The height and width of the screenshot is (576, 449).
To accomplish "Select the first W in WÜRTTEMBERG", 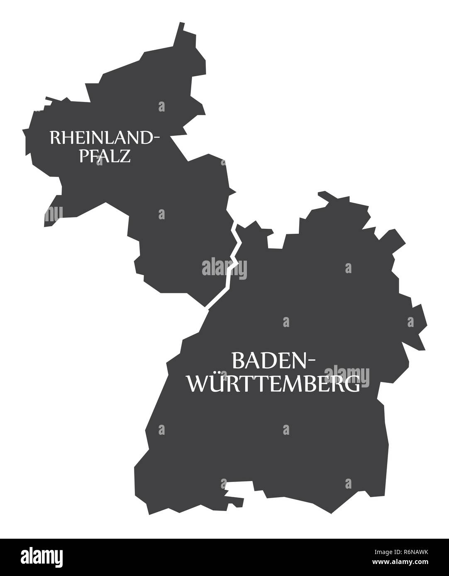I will click(200, 385).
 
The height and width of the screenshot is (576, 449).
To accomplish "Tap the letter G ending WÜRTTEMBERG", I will click(352, 385).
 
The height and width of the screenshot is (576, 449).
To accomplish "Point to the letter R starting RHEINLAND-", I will click(54, 138).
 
